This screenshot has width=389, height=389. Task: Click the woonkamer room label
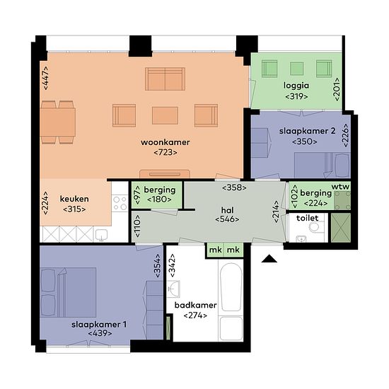click(166, 142)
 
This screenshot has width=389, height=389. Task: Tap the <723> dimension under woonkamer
click(166, 152)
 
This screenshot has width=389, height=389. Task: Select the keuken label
click(74, 199)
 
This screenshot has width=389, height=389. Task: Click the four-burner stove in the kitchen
click(120, 203)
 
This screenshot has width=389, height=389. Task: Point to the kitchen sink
click(101, 234)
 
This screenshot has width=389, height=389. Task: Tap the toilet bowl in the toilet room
click(315, 227)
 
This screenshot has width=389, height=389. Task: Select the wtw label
click(340, 187)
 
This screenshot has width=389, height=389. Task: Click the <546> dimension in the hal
click(227, 219)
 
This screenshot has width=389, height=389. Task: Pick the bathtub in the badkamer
click(231, 287)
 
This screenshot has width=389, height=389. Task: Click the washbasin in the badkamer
click(173, 289)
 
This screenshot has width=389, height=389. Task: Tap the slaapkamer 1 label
click(99, 325)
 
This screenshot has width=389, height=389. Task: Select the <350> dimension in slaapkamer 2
click(304, 141)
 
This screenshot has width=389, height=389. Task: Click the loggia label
click(296, 86)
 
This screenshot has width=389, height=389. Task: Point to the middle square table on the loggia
click(297, 69)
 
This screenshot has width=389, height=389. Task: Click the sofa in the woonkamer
click(165, 79)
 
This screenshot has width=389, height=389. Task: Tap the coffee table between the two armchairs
click(165, 115)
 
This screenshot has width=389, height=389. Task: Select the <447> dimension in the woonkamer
click(46, 78)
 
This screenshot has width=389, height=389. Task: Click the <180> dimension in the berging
click(159, 199)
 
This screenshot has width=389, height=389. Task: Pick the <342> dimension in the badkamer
click(172, 265)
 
